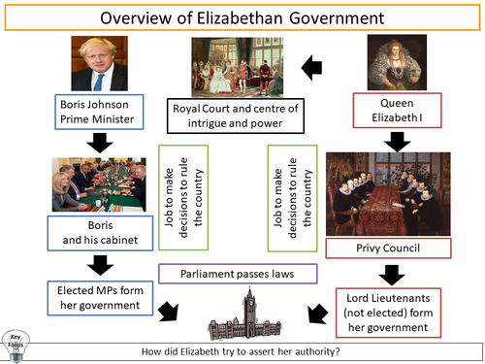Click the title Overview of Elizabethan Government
tap(242, 18)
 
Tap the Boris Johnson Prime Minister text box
tap(99, 112)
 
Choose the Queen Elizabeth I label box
tap(395, 112)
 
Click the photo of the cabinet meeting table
tap(99, 183)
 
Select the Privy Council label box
tap(395, 248)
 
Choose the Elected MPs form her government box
tap(99, 296)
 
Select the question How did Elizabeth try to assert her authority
tap(242, 350)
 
